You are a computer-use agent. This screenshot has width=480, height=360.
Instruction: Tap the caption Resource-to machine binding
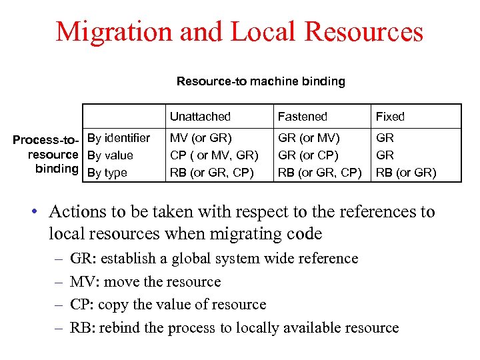[261, 81]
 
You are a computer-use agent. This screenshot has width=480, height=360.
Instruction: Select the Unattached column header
[200, 117]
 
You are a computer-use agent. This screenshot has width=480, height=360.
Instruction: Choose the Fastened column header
[302, 117]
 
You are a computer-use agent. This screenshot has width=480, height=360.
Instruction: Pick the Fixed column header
[390, 117]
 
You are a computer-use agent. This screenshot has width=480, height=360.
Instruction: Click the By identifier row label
[119, 138]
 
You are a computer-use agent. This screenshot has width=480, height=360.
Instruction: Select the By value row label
[110, 155]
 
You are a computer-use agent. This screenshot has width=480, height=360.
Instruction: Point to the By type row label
[107, 173]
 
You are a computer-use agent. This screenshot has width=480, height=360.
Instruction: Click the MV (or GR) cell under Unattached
[201, 138]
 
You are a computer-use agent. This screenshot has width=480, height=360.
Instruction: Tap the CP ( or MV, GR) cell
[214, 155]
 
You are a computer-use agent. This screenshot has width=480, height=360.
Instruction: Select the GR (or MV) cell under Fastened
[309, 138]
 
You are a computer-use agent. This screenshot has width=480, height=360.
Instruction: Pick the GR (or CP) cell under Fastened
[308, 155]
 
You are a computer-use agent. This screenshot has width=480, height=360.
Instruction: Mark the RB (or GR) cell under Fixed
[406, 173]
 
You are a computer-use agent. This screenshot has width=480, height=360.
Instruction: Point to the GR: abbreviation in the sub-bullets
[81, 259]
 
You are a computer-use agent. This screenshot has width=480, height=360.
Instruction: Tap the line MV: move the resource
[145, 282]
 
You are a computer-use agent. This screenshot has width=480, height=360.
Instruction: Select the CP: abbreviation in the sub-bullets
[81, 305]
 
